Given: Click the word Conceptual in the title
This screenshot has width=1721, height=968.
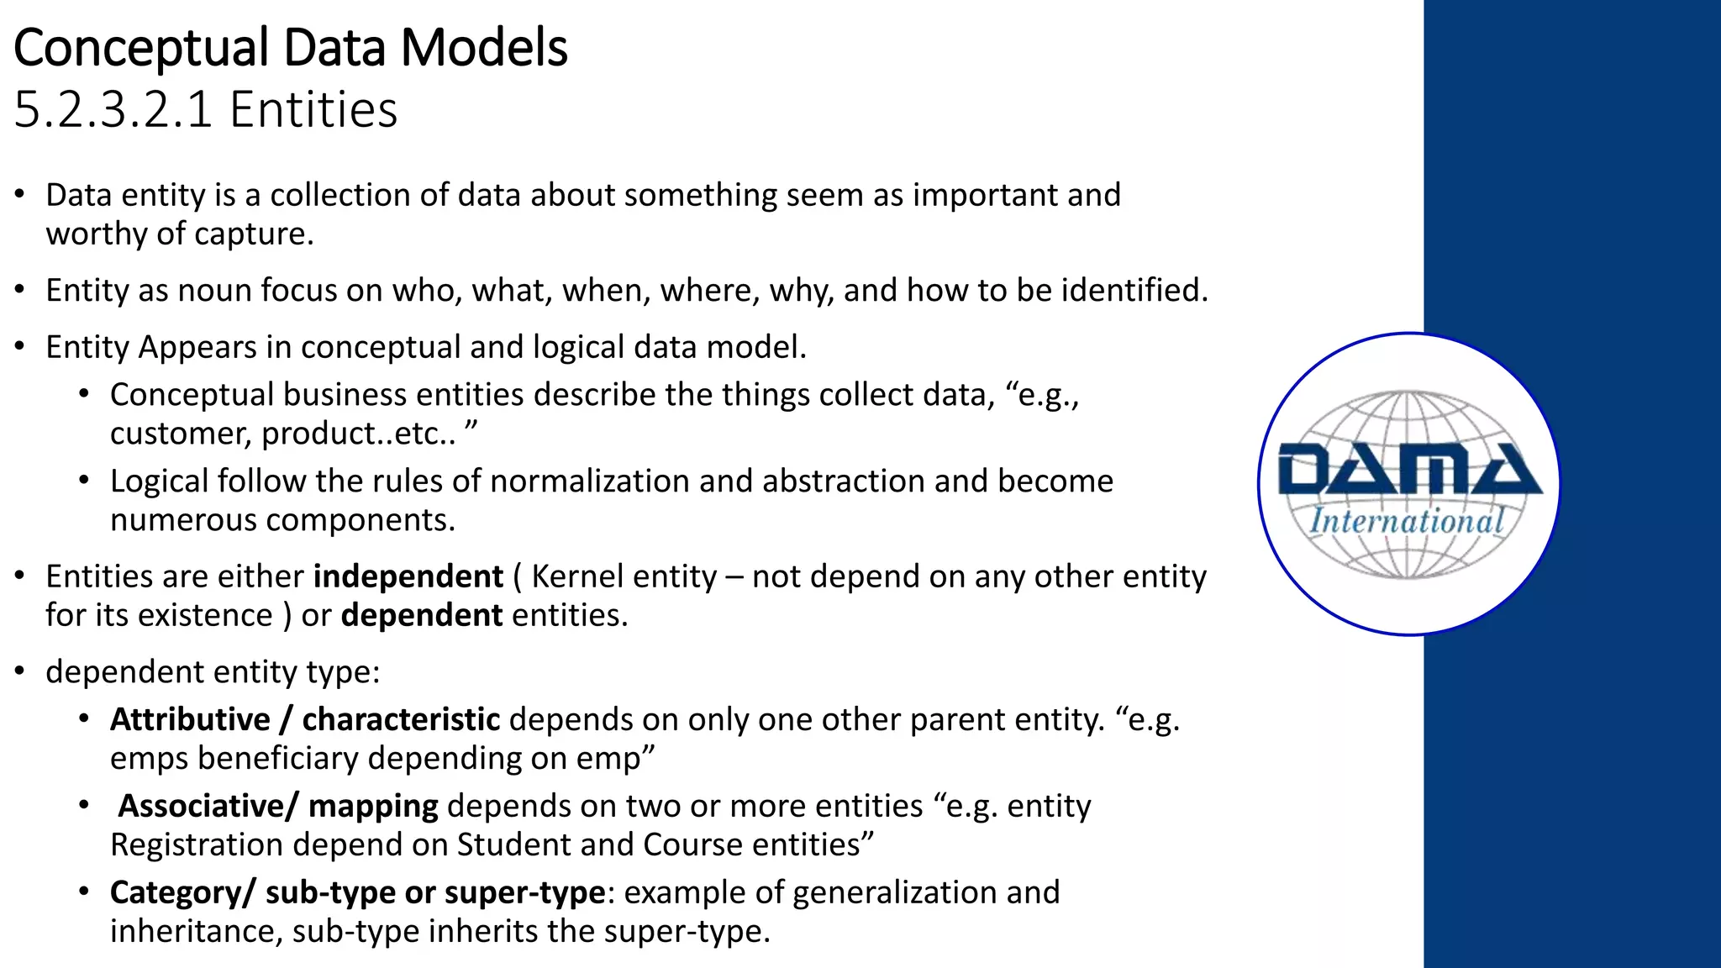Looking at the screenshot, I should (141, 48).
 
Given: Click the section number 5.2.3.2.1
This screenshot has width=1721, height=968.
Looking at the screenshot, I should (113, 110).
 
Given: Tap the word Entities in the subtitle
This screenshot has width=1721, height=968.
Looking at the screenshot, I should (313, 110).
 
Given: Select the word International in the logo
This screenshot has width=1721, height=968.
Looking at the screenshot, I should (1407, 521).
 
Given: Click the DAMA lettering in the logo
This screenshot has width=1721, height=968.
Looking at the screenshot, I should (1408, 471).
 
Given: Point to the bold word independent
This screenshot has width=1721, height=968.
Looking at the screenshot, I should (408, 576).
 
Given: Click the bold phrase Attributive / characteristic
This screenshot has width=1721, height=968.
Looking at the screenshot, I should (304, 720).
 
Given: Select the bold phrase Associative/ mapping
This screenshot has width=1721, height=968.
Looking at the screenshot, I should (277, 806).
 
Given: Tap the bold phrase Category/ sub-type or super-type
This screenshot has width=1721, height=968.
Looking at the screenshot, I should (357, 892).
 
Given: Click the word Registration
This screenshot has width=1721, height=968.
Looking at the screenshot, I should (196, 844).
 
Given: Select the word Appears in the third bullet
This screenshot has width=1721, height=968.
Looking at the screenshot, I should (197, 347).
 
